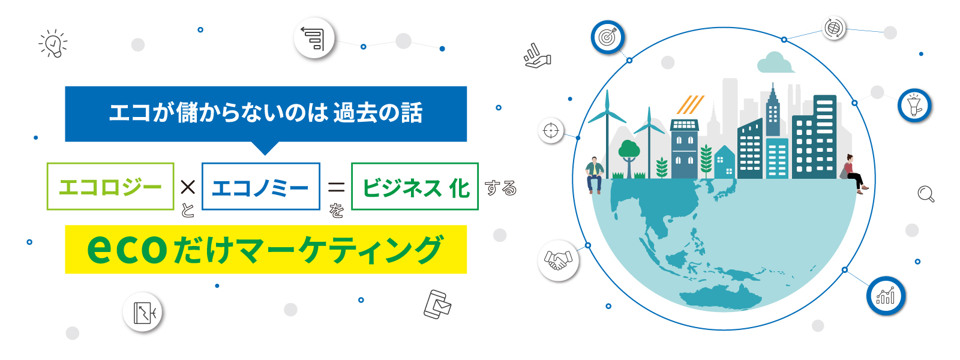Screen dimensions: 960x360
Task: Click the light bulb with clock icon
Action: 53,43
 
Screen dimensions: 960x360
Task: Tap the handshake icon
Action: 558,260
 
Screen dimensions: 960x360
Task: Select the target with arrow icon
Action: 608,37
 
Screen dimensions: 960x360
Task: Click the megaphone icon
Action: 914,106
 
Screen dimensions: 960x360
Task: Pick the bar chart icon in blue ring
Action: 886,296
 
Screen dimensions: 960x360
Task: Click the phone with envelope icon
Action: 437,304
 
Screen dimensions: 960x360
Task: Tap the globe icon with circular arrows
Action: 834,28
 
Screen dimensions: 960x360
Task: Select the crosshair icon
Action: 551,130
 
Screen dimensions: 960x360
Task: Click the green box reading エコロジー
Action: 110,187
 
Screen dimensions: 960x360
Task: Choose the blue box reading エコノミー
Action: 261,187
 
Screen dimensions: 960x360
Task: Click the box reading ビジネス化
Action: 415,187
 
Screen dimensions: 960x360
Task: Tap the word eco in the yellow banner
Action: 127,249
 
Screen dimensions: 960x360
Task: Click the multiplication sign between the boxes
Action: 188,187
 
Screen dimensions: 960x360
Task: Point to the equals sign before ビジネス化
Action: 336,187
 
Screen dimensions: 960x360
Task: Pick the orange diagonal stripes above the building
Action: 690,104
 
